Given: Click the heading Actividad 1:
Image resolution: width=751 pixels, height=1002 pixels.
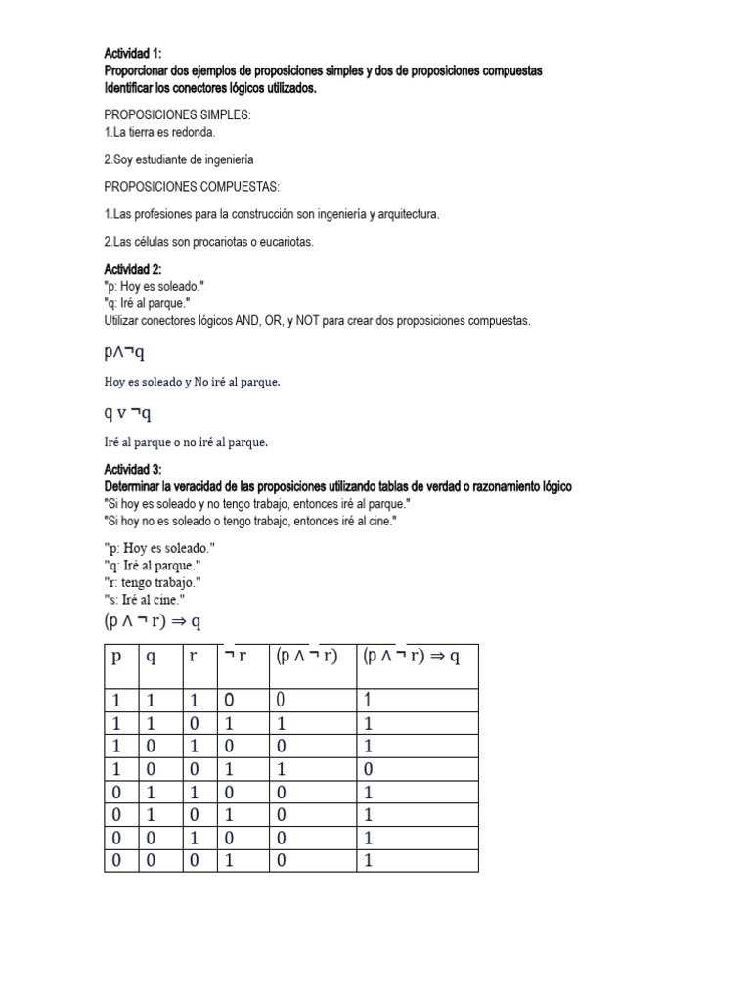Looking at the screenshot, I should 133,54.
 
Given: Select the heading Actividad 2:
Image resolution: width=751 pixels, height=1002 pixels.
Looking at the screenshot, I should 133,269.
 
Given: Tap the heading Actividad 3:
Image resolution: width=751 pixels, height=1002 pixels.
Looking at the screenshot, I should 133,471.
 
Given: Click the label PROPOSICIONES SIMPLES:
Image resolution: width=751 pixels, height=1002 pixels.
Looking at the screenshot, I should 177,115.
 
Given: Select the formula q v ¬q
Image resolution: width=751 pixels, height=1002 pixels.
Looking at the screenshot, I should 127,413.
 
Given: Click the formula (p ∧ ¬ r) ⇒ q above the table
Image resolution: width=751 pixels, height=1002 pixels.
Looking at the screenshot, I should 152,621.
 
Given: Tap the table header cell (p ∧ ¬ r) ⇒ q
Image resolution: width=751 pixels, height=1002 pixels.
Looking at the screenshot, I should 411,657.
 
